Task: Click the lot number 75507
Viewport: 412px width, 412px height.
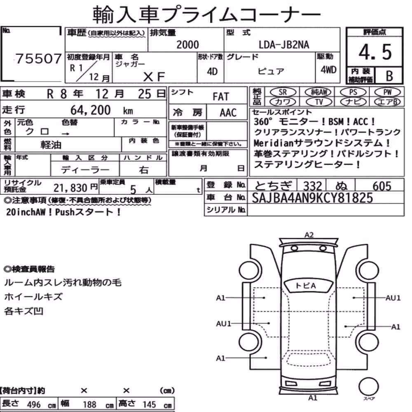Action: (x=39, y=59)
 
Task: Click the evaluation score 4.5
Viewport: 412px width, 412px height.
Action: (x=375, y=52)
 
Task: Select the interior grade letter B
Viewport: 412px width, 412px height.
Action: (x=389, y=76)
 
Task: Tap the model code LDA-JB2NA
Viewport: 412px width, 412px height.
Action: (x=284, y=44)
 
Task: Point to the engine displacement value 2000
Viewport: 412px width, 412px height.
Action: (x=187, y=44)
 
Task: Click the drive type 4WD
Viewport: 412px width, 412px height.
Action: (x=328, y=70)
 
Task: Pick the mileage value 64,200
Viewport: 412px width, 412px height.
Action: (x=90, y=110)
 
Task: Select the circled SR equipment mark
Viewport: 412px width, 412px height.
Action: (x=283, y=92)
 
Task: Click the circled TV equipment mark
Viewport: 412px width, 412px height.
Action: (x=319, y=102)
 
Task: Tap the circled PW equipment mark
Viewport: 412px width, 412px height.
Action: (x=387, y=92)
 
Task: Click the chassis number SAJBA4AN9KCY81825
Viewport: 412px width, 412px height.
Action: (x=312, y=198)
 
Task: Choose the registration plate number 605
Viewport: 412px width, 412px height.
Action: (x=382, y=186)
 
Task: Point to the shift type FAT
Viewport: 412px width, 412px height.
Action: (x=221, y=96)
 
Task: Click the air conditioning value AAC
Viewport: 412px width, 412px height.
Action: (x=228, y=113)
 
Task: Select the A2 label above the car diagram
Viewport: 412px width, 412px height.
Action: (x=309, y=235)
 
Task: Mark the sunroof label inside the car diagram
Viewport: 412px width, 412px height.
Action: (x=306, y=286)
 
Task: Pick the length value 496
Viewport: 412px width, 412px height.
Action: (x=34, y=405)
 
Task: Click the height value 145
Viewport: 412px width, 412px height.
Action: (x=149, y=405)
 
